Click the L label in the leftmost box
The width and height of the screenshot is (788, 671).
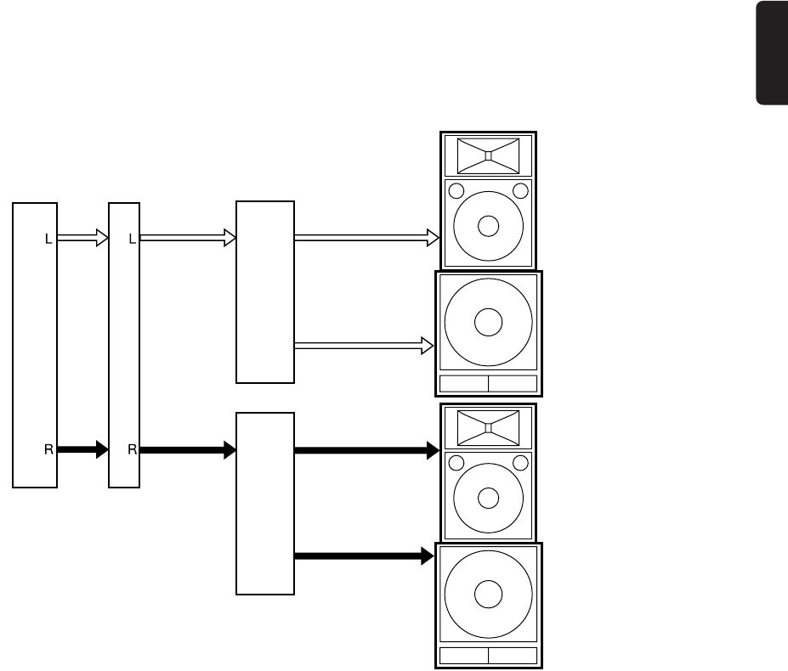(49, 240)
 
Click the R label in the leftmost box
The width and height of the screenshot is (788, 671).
(49, 449)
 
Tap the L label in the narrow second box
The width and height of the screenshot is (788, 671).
(132, 240)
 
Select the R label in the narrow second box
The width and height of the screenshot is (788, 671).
(132, 449)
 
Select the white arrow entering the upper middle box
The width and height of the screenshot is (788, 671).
(188, 239)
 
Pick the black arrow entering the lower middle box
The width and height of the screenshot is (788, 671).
(188, 449)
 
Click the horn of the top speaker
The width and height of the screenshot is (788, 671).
(488, 155)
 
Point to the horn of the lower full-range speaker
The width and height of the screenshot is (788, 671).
(488, 428)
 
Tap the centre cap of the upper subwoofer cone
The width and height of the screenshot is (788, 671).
(488, 322)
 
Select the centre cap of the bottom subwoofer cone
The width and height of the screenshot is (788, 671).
(488, 595)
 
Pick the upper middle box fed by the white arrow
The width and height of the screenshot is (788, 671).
(265, 292)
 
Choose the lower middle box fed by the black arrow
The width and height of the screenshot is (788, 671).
(265, 504)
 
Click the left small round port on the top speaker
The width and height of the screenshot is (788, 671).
(456, 190)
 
